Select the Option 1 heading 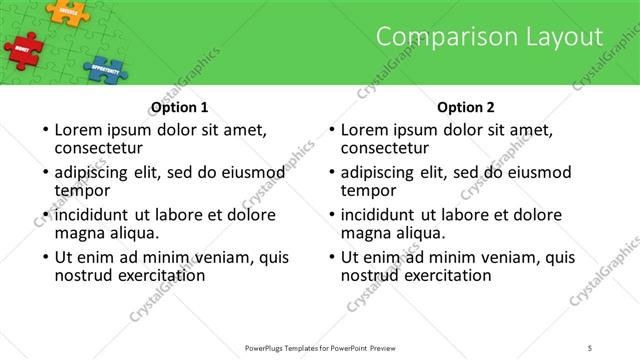[x=179, y=108]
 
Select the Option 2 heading [x=466, y=108]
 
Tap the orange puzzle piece [x=67, y=11]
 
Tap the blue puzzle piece [x=104, y=69]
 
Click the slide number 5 [x=591, y=347]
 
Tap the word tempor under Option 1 [x=82, y=190]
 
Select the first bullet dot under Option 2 [x=331, y=130]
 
